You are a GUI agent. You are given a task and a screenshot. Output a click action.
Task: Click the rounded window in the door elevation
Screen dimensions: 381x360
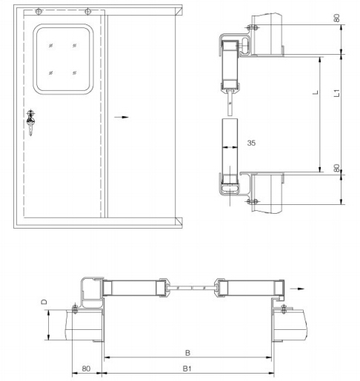[63, 60]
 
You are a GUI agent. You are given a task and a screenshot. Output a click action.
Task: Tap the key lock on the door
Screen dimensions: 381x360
[31, 122]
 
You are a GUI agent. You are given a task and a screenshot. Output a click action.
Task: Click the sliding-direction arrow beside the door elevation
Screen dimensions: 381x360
[122, 117]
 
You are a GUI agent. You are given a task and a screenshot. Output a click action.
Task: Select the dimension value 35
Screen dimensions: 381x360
[251, 143]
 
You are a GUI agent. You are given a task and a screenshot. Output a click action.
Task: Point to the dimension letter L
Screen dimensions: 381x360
[316, 93]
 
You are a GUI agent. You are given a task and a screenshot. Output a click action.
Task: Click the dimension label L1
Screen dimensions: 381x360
[337, 94]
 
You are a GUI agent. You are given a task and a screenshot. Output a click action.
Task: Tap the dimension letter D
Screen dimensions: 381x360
[43, 302]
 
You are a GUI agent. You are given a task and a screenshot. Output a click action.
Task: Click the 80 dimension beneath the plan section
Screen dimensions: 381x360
[86, 368]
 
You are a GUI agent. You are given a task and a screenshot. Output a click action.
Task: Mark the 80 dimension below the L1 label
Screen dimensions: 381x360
[337, 168]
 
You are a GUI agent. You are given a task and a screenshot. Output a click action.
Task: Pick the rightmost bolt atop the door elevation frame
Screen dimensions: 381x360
[87, 11]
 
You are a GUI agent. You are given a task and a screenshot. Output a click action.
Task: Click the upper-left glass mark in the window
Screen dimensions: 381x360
[51, 47]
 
